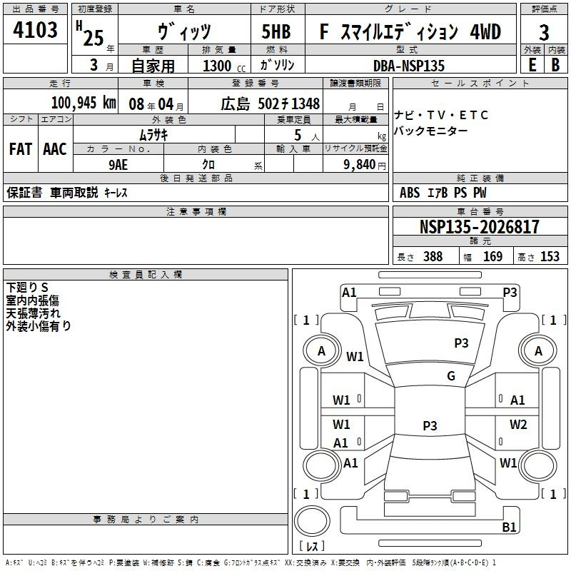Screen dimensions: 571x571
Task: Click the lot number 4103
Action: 35,30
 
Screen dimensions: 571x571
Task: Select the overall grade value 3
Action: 544,33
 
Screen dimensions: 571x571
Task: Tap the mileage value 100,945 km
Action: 84,103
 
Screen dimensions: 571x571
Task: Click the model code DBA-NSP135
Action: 409,66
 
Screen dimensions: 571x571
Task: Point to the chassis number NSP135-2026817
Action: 480,226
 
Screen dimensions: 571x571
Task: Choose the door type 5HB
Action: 276,31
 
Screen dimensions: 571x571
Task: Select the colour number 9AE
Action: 118,165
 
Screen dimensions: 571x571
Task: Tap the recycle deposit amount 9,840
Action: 360,165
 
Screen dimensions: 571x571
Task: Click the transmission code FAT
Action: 21,149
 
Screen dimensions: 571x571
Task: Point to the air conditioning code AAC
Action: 55,149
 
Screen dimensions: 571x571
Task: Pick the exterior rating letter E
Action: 532,65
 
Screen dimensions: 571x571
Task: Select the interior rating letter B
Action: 556,65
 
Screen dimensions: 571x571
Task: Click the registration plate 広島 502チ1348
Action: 271,103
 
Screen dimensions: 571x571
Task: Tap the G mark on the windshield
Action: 451,376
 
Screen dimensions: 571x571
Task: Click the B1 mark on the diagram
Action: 509,527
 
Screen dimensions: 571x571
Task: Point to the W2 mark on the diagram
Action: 518,424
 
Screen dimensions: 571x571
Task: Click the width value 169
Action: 492,256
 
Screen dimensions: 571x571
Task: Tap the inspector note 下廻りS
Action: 27,288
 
